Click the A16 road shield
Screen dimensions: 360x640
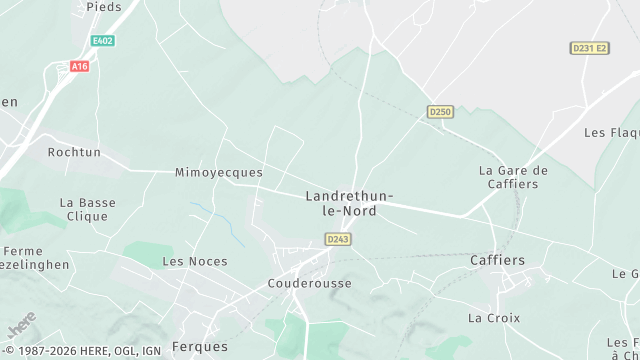[x=79, y=66]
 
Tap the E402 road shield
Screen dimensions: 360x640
[x=101, y=41]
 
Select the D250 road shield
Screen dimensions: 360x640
[x=439, y=110]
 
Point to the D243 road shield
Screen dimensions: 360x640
[x=337, y=238]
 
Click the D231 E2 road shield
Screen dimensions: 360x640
[x=589, y=48]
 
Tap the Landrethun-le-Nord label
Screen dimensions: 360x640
[x=349, y=203]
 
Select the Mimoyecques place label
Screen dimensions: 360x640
[x=219, y=172]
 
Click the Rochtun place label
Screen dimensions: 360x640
[x=74, y=152]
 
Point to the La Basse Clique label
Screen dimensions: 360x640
[x=87, y=209]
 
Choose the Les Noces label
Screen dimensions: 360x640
[x=195, y=261]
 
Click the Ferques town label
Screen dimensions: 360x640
[x=200, y=346]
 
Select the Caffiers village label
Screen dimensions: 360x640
[x=497, y=260]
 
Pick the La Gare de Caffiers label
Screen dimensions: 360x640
[x=514, y=177]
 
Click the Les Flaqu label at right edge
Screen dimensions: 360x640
[x=611, y=132]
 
